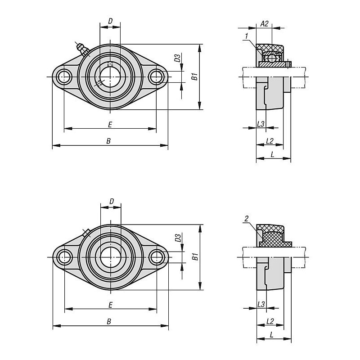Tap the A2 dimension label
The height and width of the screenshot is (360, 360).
pyautogui.click(x=265, y=24)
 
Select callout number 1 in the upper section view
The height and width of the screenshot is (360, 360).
pyautogui.click(x=247, y=36)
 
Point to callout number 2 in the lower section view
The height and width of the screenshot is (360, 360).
pyautogui.click(x=247, y=219)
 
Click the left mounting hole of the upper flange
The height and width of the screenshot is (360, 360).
pyautogui.click(x=64, y=76)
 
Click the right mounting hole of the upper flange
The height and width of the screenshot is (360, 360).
pyautogui.click(x=156, y=76)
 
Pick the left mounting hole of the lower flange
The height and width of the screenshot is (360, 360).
pyautogui.click(x=64, y=257)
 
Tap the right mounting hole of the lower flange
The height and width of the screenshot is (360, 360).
pyautogui.click(x=157, y=257)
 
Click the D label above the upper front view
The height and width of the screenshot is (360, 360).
pyautogui.click(x=110, y=21)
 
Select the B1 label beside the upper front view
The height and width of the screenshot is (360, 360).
pyautogui.click(x=195, y=76)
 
